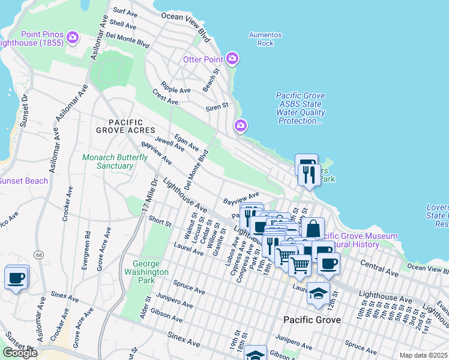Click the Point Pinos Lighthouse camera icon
click(73, 38)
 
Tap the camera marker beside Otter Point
click(232, 59)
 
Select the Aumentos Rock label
click(261, 39)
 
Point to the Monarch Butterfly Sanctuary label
click(107, 161)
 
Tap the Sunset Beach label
click(23, 181)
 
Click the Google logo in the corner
click(20, 353)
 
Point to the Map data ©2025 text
click(423, 355)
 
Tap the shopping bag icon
click(313, 229)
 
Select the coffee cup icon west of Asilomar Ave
click(16, 278)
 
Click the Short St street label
click(160, 221)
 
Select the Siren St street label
click(217, 106)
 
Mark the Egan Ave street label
click(186, 142)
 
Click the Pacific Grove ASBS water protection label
click(301, 108)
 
